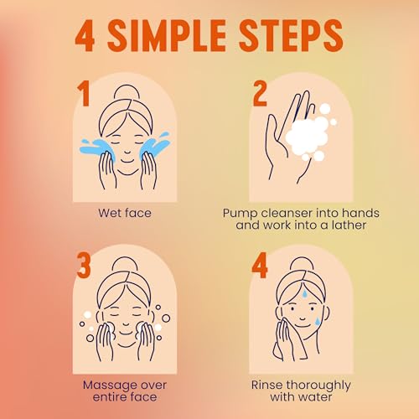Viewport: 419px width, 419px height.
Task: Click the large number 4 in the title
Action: click(x=85, y=36)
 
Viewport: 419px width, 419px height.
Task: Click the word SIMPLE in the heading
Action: click(x=167, y=36)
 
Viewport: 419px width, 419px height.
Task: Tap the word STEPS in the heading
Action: click(x=292, y=36)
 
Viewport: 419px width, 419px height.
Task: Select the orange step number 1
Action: click(x=83, y=94)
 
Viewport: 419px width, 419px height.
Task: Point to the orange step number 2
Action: click(x=260, y=95)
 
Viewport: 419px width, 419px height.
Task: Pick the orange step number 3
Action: click(x=84, y=265)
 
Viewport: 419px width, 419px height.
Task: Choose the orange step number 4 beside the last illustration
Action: click(x=260, y=266)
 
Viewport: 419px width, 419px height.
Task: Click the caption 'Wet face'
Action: click(x=125, y=213)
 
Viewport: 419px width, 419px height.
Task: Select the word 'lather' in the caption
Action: click(x=349, y=225)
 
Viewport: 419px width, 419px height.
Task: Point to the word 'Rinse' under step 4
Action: click(x=266, y=385)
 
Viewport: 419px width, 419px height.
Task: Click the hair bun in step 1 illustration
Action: click(x=127, y=91)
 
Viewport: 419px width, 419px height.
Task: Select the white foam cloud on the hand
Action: click(x=308, y=134)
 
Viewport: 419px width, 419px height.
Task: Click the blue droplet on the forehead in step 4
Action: click(x=305, y=293)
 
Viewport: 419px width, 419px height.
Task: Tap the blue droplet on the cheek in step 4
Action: click(x=317, y=321)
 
